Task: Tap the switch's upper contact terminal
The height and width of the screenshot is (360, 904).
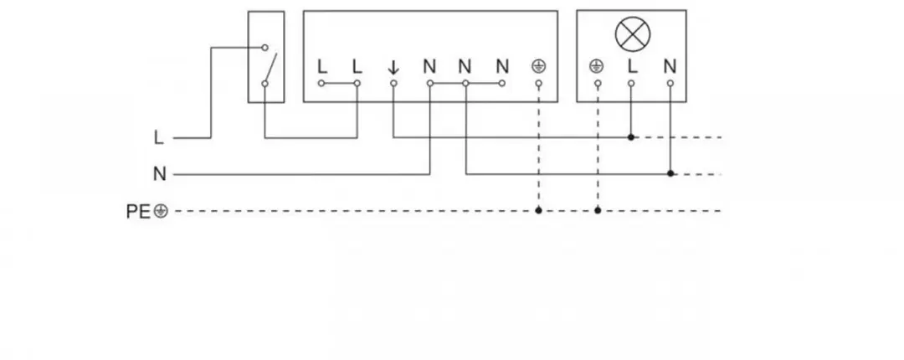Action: (265, 48)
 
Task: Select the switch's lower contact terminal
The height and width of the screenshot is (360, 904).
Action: (265, 84)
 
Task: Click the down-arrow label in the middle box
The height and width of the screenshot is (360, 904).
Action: (393, 68)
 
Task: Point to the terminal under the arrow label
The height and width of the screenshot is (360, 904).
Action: (393, 84)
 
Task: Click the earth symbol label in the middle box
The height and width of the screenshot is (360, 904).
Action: (538, 67)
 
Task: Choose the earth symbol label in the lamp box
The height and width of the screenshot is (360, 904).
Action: (596, 67)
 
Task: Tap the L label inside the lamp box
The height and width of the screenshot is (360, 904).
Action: (633, 67)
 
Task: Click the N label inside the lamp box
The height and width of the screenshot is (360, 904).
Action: (670, 67)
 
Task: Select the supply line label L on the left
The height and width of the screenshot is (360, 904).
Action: (159, 138)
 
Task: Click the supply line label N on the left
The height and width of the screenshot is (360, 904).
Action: (160, 174)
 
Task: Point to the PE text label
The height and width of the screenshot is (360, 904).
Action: (138, 212)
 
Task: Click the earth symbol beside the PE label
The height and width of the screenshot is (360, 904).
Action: (161, 212)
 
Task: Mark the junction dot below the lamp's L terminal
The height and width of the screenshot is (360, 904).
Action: (631, 137)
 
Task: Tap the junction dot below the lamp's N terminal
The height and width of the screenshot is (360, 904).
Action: (670, 173)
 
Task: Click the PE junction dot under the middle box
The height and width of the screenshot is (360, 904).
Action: (538, 211)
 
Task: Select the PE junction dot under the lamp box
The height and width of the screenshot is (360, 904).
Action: (598, 211)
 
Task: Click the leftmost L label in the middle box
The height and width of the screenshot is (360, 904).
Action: (322, 67)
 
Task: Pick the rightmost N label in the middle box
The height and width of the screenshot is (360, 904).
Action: (502, 67)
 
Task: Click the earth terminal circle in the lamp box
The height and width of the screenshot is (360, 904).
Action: (598, 84)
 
